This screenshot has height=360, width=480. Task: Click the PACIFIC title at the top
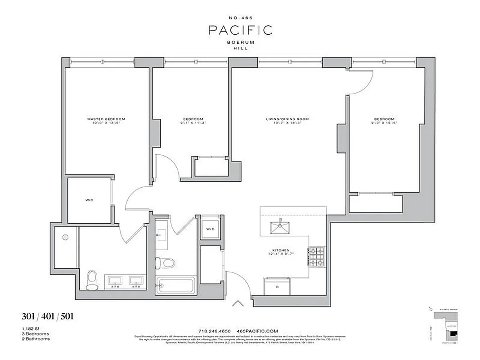click(x=240, y=30)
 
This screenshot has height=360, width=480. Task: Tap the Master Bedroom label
click(x=106, y=119)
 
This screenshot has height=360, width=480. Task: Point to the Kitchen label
click(x=280, y=250)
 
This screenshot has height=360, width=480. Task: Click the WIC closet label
click(x=89, y=200)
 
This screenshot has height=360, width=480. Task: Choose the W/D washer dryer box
click(x=210, y=229)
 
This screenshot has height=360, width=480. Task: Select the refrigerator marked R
click(x=277, y=286)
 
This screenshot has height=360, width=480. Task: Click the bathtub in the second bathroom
click(x=175, y=285)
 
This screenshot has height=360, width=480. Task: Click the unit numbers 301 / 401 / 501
click(x=47, y=317)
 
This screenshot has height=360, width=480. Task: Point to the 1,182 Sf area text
click(x=30, y=329)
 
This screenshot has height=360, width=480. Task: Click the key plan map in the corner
click(x=446, y=328)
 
